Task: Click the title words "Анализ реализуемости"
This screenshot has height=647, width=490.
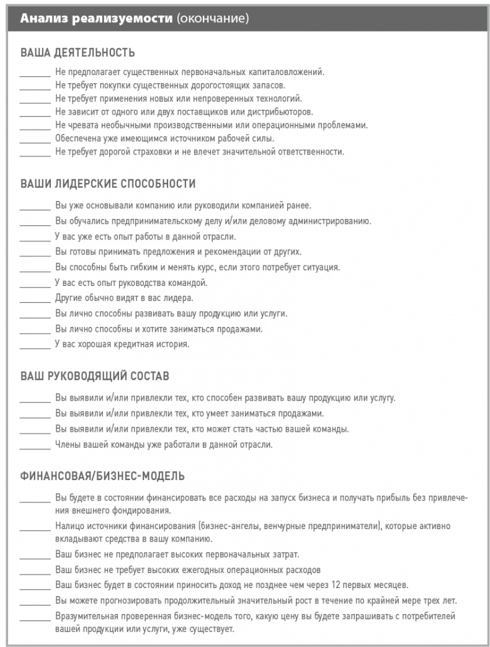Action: click(x=96, y=19)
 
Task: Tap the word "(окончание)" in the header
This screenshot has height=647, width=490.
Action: click(x=212, y=19)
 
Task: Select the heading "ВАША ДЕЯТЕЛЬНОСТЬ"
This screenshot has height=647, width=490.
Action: click(x=78, y=52)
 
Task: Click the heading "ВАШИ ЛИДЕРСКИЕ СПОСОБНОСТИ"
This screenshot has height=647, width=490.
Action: click(x=108, y=184)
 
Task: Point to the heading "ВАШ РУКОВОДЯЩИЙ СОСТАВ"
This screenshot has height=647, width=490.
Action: click(x=95, y=376)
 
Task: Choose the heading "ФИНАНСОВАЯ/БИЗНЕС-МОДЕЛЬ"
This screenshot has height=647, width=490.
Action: click(x=102, y=476)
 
